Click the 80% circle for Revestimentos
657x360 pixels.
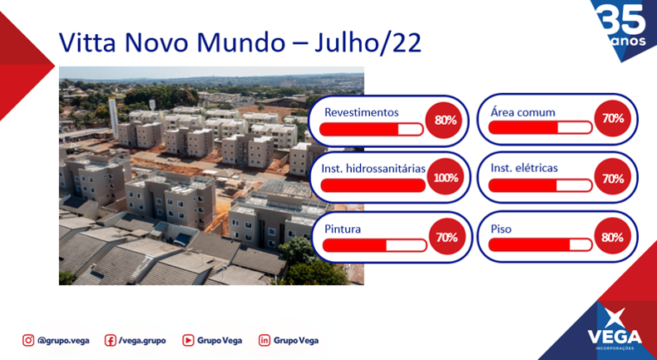pos(444,121)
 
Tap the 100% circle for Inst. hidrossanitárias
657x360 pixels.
pos(446,178)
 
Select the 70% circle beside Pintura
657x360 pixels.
pos(447,236)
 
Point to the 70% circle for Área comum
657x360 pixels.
pos(613,119)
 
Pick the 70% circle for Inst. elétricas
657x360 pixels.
pos(613,178)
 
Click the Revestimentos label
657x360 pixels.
pos(362,113)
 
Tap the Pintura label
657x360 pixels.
pos(343,229)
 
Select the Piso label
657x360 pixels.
pos(501,230)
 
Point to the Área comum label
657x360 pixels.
pos(523,112)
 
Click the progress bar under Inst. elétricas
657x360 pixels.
pos(541,185)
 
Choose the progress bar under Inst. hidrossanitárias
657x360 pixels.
pos(373,185)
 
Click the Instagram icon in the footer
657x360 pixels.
pos(28,340)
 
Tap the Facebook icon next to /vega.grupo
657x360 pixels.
pos(111,340)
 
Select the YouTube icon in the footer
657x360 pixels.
pos(188,340)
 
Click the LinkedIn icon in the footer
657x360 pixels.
pos(264,340)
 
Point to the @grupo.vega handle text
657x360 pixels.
pos(63,341)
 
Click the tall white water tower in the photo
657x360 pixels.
pos(113,117)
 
